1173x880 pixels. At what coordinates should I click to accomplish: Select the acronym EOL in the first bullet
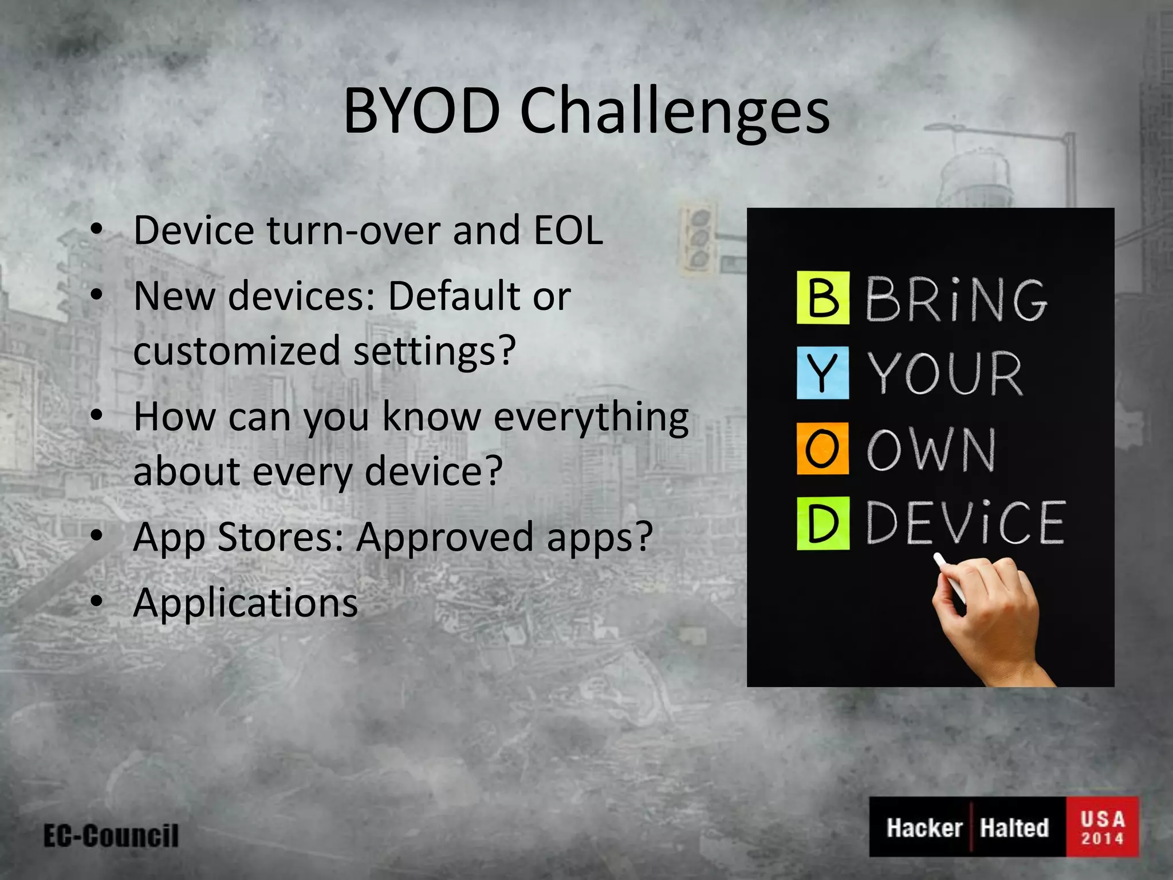[568, 230]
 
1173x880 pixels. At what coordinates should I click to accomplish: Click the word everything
[591, 418]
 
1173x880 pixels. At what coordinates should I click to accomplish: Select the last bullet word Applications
[245, 603]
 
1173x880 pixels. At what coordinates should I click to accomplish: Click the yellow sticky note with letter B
[822, 298]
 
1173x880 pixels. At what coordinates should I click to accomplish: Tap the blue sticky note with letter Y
[822, 372]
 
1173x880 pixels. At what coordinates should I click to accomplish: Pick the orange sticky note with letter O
[822, 449]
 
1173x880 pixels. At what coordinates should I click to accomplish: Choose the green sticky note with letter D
[822, 524]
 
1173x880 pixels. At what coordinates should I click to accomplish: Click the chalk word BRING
[955, 299]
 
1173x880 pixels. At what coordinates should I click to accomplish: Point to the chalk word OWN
[931, 450]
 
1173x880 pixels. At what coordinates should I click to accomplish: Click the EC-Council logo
[111, 836]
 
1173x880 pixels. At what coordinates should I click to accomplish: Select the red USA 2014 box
[1102, 827]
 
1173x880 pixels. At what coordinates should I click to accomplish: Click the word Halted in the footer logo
[1014, 828]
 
